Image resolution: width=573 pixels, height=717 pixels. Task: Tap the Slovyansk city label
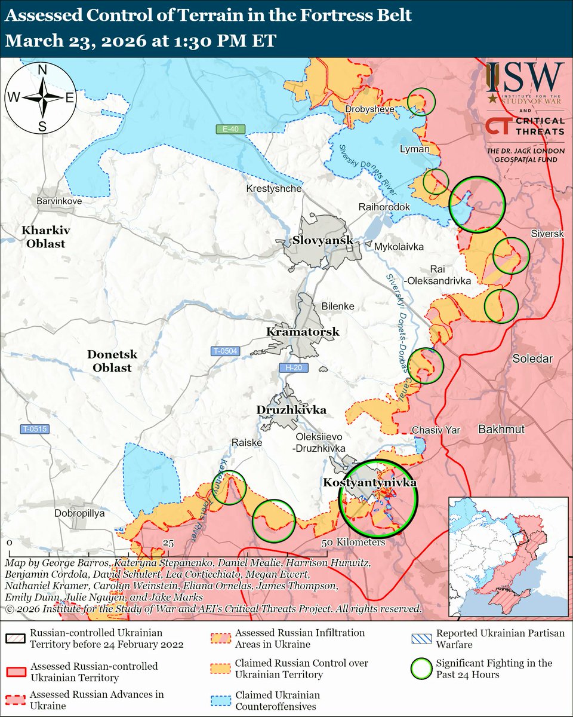pyautogui.click(x=316, y=240)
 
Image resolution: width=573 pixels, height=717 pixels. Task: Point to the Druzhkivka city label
pyautogui.click(x=291, y=410)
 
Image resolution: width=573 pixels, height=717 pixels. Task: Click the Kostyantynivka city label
pyautogui.click(x=369, y=482)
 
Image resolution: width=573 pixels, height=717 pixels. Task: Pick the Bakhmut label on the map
pyautogui.click(x=501, y=429)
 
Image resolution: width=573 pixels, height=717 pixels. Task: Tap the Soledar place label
pyautogui.click(x=533, y=358)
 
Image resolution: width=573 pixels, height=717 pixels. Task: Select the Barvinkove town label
pyautogui.click(x=58, y=201)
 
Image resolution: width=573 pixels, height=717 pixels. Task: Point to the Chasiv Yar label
pyautogui.click(x=436, y=429)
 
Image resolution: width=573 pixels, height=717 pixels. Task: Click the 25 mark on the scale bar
pyautogui.click(x=168, y=543)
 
